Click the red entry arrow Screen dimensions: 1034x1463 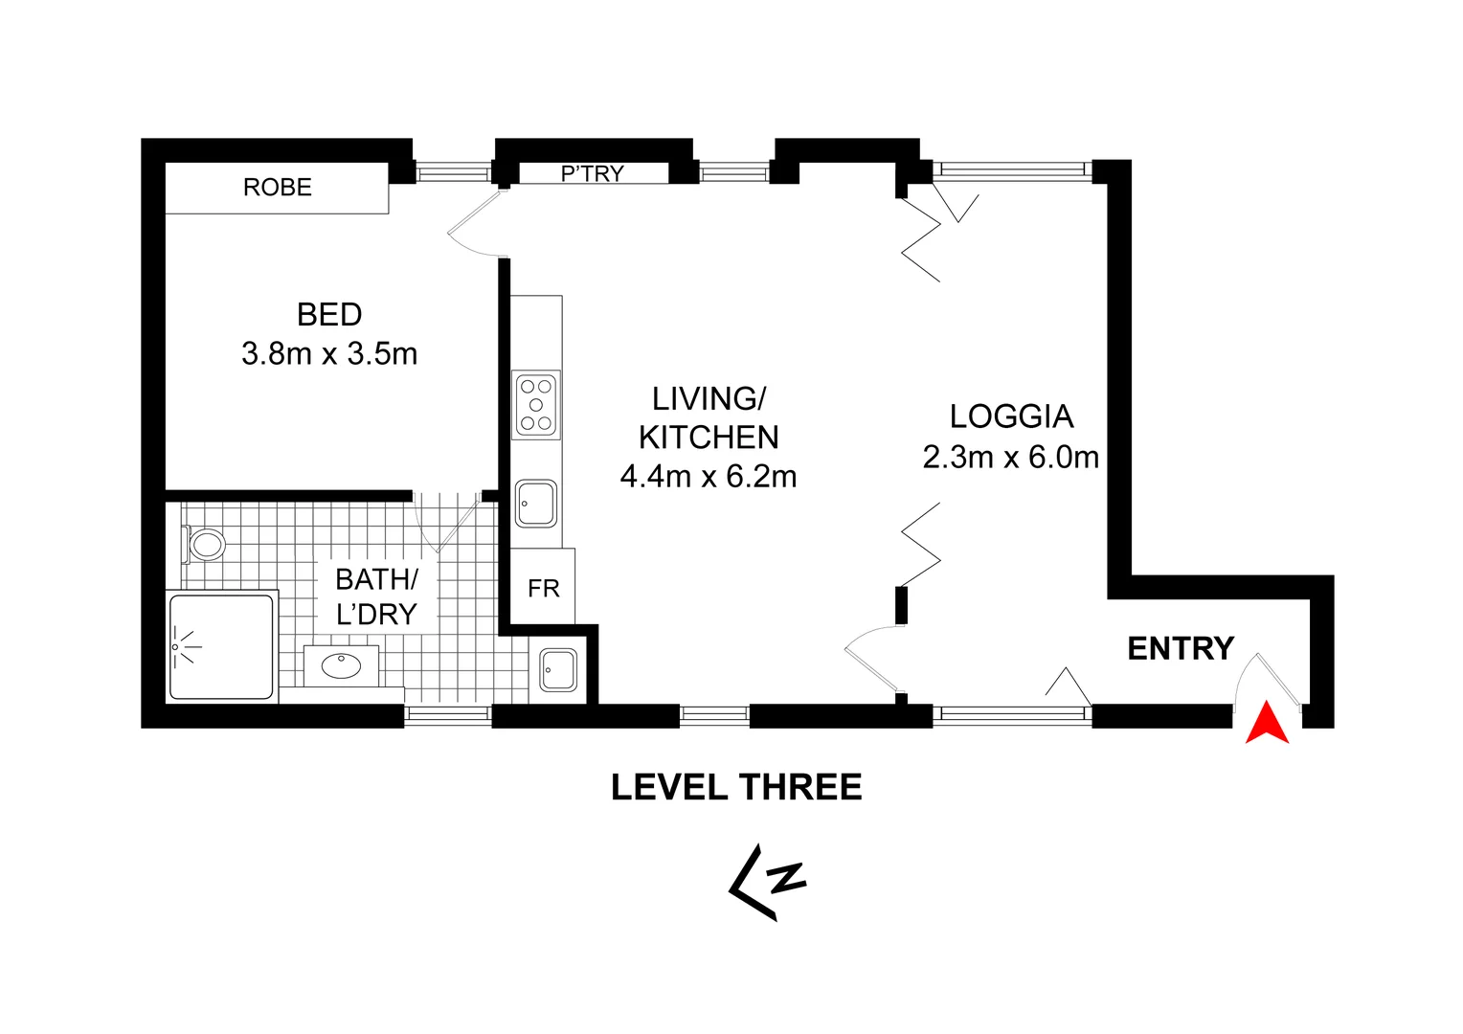(x=1267, y=724)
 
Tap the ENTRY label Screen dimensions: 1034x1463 (x=1181, y=649)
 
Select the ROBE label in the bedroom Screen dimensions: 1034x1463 (x=278, y=188)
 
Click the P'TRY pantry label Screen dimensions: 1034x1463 (x=593, y=173)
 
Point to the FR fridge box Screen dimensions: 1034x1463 (x=543, y=588)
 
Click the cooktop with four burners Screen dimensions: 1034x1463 (x=536, y=405)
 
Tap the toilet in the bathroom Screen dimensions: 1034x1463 (x=205, y=545)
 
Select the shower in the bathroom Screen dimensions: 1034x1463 (x=221, y=646)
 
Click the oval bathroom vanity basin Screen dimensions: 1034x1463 (x=341, y=665)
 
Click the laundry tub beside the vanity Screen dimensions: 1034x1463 (x=558, y=670)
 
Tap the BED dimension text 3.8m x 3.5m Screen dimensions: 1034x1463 (x=329, y=354)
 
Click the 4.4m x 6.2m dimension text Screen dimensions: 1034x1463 (x=709, y=477)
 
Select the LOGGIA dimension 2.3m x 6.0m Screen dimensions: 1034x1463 (x=1010, y=458)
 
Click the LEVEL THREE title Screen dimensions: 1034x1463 (x=736, y=788)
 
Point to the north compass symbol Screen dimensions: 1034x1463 (x=768, y=882)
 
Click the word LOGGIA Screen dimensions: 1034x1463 (x=1011, y=417)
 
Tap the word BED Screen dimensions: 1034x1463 (x=329, y=315)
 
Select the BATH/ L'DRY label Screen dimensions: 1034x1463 (x=376, y=596)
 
